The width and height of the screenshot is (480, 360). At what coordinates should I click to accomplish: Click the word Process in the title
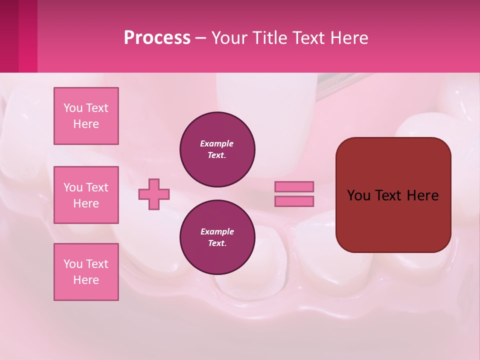[x=157, y=38]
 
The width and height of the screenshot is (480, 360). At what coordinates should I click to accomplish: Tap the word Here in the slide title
[x=348, y=38]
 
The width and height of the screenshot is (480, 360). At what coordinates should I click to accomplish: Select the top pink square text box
[x=86, y=116]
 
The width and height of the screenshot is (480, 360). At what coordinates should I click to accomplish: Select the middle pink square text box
[x=86, y=195]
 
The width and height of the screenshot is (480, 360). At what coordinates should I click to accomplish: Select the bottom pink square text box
[x=86, y=272]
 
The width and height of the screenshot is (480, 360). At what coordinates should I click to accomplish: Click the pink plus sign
[x=154, y=194]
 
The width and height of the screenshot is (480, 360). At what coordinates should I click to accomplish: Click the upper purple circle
[x=217, y=149]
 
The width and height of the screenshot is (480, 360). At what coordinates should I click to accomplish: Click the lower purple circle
[x=217, y=237]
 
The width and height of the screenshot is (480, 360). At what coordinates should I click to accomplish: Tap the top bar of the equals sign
[x=294, y=186]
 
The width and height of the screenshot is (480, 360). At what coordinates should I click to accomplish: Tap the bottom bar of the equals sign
[x=294, y=201]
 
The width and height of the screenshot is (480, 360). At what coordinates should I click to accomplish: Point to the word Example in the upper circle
[x=217, y=143]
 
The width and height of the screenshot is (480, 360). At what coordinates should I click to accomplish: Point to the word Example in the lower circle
[x=217, y=231]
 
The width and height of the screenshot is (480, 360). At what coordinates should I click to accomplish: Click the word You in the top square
[x=73, y=108]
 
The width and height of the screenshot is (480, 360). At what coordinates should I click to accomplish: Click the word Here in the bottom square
[x=86, y=280]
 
